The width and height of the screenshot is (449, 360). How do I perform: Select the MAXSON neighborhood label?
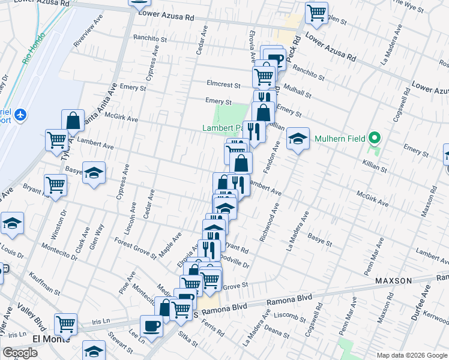pyautogui.click(x=393, y=281)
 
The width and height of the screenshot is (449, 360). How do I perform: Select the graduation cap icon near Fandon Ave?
pyautogui.click(x=298, y=139)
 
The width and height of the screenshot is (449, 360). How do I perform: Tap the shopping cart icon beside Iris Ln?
pyautogui.click(x=66, y=324)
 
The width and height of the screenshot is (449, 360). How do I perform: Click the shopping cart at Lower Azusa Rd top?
pyautogui.click(x=316, y=11)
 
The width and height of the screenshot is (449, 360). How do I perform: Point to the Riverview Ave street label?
pyautogui.click(x=88, y=39)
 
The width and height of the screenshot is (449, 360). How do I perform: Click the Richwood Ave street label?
pyautogui.click(x=269, y=223)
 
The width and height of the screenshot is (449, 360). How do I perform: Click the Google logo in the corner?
pyautogui.click(x=20, y=353)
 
